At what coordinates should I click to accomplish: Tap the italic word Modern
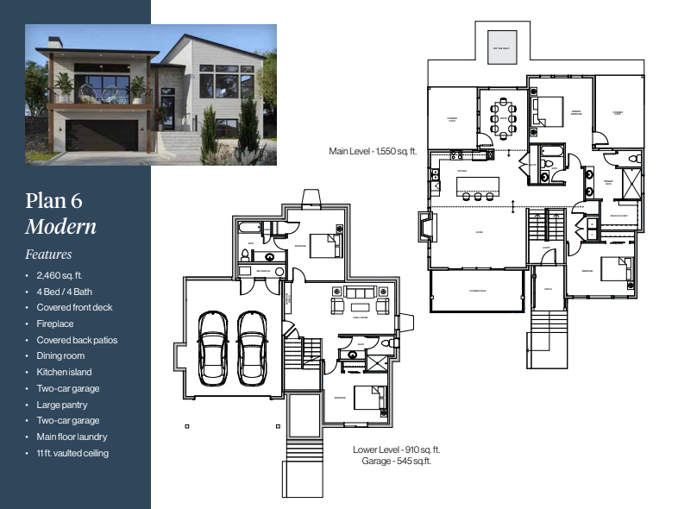pyautogui.click(x=60, y=227)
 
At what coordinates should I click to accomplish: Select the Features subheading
pyautogui.click(x=48, y=255)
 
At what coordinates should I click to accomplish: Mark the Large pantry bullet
pyautogui.click(x=62, y=405)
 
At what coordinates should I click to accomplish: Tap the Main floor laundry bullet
pyautogui.click(x=73, y=437)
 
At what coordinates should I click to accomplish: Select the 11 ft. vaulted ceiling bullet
pyautogui.click(x=72, y=453)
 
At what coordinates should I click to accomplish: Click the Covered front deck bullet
pyautogui.click(x=74, y=307)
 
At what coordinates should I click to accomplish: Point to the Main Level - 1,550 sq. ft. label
pyautogui.click(x=373, y=151)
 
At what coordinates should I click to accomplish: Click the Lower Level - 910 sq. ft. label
pyautogui.click(x=397, y=449)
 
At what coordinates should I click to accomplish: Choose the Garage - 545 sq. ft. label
pyautogui.click(x=397, y=462)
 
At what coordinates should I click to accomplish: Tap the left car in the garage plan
pyautogui.click(x=212, y=348)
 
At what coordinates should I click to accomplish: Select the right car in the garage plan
pyautogui.click(x=252, y=348)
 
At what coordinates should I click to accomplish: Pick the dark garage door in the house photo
pyautogui.click(x=102, y=135)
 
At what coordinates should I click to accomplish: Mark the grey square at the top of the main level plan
pyautogui.click(x=500, y=44)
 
